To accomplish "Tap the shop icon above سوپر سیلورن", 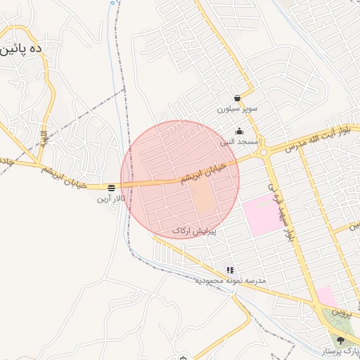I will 237,98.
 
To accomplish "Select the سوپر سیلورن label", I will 237,109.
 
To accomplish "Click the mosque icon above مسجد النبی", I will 239,131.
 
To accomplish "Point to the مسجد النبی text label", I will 237,141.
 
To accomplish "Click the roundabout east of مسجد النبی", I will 264,151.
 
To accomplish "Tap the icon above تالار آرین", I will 112,188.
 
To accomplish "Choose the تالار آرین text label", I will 112,199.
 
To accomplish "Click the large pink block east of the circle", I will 262,215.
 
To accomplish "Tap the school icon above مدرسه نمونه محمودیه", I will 230,270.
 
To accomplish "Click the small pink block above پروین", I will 326,295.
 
